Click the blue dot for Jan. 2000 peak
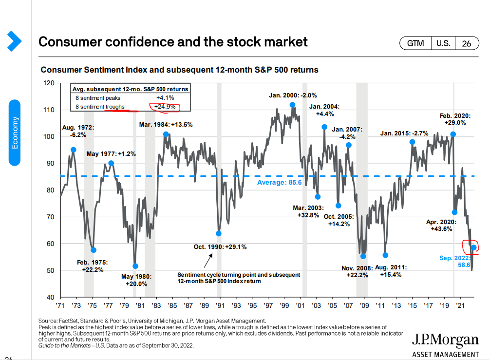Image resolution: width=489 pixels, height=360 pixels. pos(292,105)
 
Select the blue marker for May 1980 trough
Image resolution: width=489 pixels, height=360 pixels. pos(135,266)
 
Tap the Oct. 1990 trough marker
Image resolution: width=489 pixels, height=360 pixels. pos(219,233)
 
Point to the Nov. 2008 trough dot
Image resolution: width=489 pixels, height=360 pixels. pos(363,256)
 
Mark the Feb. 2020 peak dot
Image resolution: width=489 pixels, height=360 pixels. pos(453,134)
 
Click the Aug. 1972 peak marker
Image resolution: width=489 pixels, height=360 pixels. pos(74,150)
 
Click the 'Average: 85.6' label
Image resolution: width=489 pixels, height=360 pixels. pos(279,182)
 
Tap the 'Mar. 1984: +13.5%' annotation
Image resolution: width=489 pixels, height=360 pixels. pos(165,124)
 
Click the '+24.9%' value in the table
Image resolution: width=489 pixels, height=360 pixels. pos(165,106)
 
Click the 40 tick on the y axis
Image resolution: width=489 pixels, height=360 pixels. pos(51,297)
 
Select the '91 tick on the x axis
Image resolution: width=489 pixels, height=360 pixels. pos(220,306)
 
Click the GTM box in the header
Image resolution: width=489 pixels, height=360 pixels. pos(415,43)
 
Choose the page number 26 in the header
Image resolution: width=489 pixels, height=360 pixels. pos(466,43)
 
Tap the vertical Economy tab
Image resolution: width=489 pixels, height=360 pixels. pos(15,133)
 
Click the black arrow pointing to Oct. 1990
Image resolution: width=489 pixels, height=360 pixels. pos(207,261)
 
